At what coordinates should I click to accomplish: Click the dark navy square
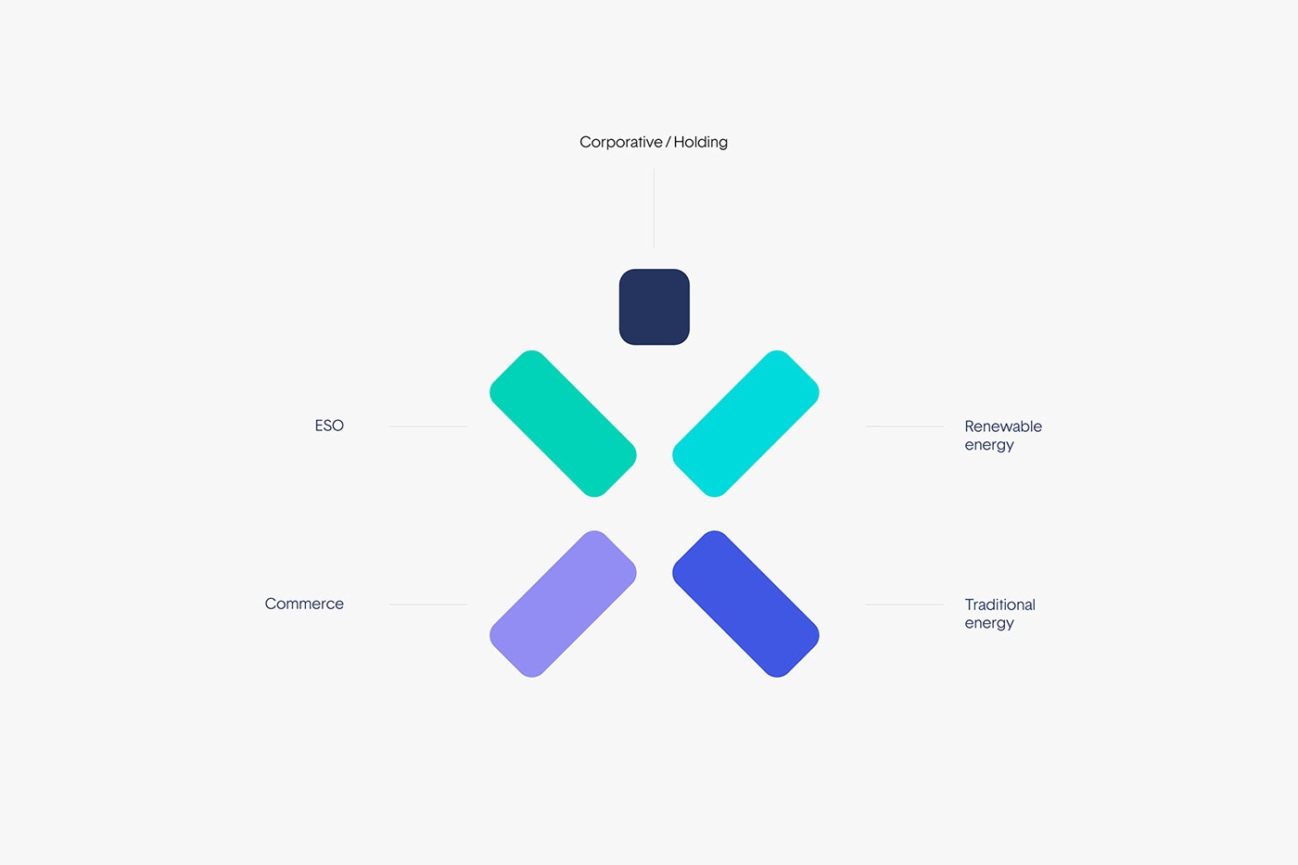click(655, 307)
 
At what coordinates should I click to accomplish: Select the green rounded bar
click(563, 424)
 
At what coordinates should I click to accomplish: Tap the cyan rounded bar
click(745, 424)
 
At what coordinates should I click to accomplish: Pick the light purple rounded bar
click(563, 604)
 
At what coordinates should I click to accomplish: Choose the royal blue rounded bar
click(745, 604)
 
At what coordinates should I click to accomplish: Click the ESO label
click(329, 426)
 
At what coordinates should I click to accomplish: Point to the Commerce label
click(304, 604)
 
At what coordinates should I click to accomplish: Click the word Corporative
click(620, 143)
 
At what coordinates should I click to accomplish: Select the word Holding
click(701, 143)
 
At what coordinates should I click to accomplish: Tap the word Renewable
click(1003, 426)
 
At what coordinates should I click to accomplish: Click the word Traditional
click(999, 604)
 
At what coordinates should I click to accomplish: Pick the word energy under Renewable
click(989, 446)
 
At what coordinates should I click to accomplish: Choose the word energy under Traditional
click(989, 623)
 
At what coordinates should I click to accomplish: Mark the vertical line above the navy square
click(655, 209)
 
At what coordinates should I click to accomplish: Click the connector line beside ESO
click(428, 426)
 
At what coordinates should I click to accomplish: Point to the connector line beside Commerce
click(428, 604)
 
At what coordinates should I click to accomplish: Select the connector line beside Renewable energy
click(905, 426)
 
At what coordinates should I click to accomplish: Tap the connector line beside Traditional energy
click(905, 604)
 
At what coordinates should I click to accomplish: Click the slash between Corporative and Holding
click(668, 143)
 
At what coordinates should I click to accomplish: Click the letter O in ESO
click(337, 426)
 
